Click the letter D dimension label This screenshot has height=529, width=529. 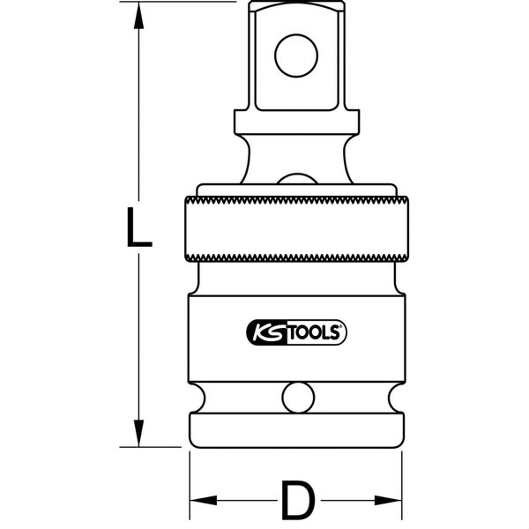[296, 501]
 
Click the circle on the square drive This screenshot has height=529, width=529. [296, 55]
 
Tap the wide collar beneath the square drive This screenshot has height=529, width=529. [296, 122]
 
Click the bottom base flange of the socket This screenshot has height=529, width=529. [296, 429]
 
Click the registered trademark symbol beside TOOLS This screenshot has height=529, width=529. [345, 328]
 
